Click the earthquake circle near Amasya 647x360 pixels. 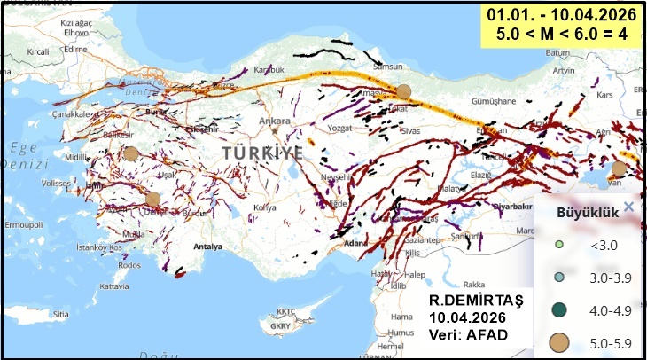(404, 91)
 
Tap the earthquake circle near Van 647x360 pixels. (619, 168)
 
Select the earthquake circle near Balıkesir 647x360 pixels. (131, 153)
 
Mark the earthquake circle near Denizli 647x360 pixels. (153, 199)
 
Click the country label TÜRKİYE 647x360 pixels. (262, 153)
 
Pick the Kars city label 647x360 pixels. (606, 94)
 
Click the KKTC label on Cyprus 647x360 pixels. (285, 312)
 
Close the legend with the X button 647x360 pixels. (628, 207)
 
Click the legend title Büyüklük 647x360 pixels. (581, 213)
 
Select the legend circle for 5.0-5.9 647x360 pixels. (557, 341)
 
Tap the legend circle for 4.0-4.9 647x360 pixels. (557, 309)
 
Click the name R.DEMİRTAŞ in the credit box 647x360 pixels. (476, 301)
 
